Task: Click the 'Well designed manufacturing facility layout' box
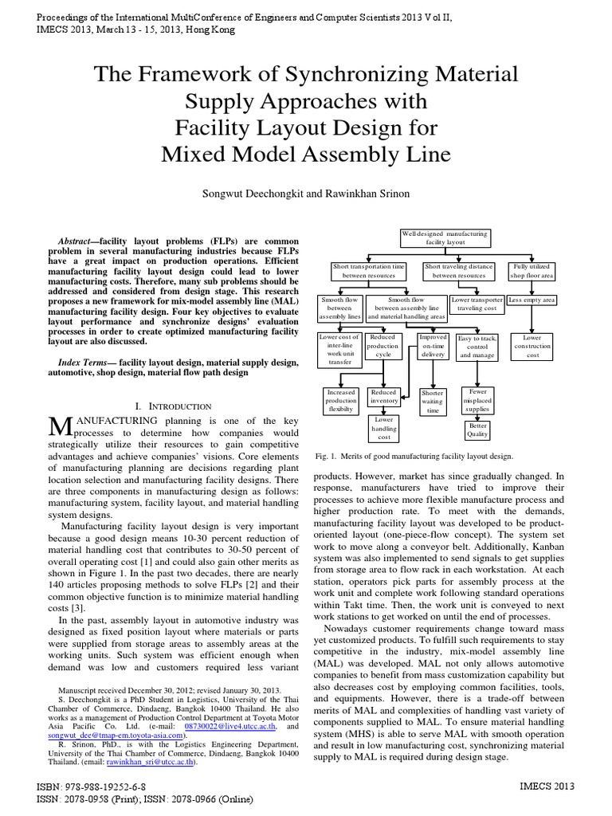tap(445, 237)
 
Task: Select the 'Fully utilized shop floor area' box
tap(533, 270)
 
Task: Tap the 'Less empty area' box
tap(532, 300)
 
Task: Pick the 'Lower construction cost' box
tap(532, 347)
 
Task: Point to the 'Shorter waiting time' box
tap(433, 402)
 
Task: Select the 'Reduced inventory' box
tap(384, 396)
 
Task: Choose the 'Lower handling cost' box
tap(384, 427)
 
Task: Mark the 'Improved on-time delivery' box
tap(433, 347)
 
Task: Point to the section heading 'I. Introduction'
tap(174, 406)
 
